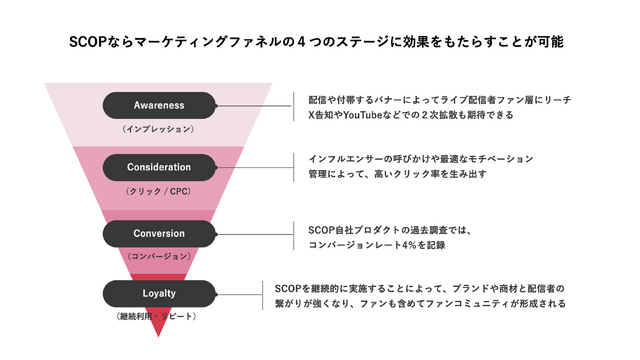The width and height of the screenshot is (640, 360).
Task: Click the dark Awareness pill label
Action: click(x=160, y=105)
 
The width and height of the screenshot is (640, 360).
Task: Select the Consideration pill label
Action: click(x=160, y=166)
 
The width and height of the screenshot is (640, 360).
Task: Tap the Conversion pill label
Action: click(x=160, y=234)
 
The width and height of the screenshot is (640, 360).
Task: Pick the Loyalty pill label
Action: click(x=160, y=293)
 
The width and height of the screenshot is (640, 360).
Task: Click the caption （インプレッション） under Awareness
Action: click(x=158, y=129)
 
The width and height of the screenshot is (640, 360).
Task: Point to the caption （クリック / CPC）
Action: click(x=158, y=190)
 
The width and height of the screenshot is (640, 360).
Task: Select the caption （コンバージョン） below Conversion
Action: click(x=158, y=257)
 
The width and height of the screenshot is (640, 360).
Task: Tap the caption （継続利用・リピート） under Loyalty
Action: click(x=160, y=317)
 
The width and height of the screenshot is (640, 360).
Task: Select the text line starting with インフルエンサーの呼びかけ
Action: click(x=421, y=159)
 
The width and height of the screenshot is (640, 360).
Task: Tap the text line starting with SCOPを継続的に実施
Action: click(x=420, y=288)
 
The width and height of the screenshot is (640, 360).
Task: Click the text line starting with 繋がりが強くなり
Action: click(x=420, y=303)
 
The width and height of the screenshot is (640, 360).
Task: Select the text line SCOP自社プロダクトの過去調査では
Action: click(x=389, y=229)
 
